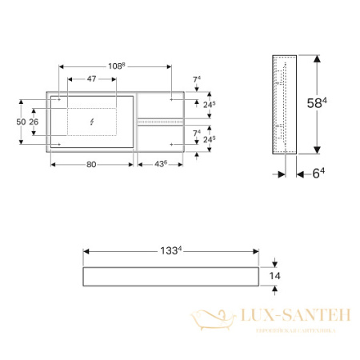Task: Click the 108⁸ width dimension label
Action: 116,66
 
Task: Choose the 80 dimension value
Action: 91,164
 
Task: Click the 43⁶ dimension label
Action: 161,164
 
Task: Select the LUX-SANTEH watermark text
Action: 290,316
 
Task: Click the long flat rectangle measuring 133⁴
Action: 170,276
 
